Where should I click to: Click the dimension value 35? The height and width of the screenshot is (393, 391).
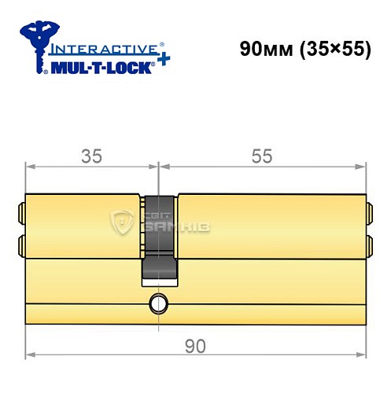pyautogui.click(x=92, y=156)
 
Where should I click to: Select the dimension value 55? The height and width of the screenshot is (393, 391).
pyautogui.click(x=262, y=156)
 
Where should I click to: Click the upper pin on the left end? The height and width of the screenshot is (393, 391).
pyautogui.click(x=21, y=211)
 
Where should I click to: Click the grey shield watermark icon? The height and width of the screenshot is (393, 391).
pyautogui.click(x=124, y=222)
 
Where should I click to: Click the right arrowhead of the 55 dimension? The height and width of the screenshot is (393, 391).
pyautogui.click(x=363, y=166)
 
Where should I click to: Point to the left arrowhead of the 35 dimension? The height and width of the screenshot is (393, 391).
pyautogui.click(x=30, y=166)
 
